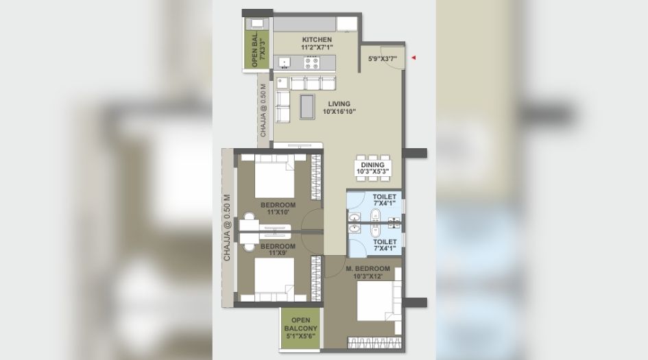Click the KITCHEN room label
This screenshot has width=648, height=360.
pyautogui.click(x=317, y=40)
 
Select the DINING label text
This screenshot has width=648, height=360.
pyautogui.click(x=373, y=165)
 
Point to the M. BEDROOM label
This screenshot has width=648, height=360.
pyautogui.click(x=368, y=268)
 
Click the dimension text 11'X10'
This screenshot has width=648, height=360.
pyautogui.click(x=278, y=213)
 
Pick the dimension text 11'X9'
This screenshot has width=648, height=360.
pyautogui.click(x=278, y=253)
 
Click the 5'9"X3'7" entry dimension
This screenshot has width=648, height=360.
pyautogui.click(x=382, y=59)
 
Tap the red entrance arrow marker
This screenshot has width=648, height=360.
pyautogui.click(x=413, y=58)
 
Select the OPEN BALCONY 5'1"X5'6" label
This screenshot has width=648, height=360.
pyautogui.click(x=300, y=328)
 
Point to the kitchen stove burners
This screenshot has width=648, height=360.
pyautogui.click(x=311, y=63)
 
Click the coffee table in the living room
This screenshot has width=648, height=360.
pyautogui.click(x=307, y=106)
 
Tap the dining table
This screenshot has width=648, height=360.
pyautogui.click(x=373, y=168)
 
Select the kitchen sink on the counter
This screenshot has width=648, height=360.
pyautogui.click(x=285, y=63)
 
